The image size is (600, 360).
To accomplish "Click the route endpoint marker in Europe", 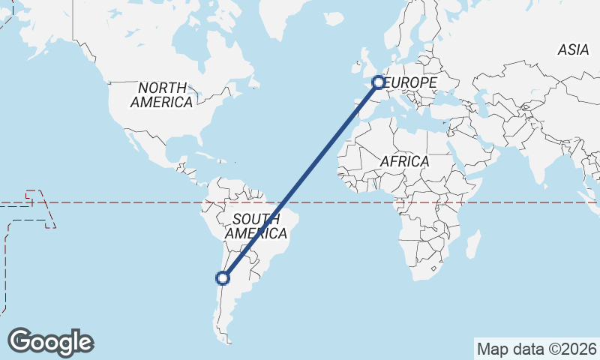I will pos(379,82).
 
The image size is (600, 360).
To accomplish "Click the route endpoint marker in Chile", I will pos(222,278).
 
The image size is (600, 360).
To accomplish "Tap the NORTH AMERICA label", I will pos(161,95).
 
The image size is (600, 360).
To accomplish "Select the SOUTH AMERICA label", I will pos(256,226).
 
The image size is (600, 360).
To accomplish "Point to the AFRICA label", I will pos(404,161).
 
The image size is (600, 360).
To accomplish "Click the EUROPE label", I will pos(410,82).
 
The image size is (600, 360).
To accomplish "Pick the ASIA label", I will pos(573,50).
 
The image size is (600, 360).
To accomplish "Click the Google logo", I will pos(51,342).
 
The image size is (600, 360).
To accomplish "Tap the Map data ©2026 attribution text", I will pos(537,349).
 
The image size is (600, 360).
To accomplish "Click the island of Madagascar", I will pos(473,244).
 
